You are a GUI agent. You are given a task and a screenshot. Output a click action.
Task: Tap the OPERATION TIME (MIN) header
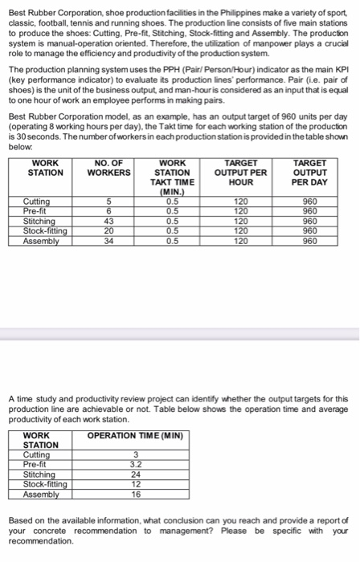(x=135, y=437)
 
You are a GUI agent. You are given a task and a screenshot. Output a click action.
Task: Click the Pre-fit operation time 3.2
(x=134, y=464)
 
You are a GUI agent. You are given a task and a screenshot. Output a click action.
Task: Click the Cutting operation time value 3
(x=134, y=455)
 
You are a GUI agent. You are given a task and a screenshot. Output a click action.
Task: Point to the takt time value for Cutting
(x=171, y=202)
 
